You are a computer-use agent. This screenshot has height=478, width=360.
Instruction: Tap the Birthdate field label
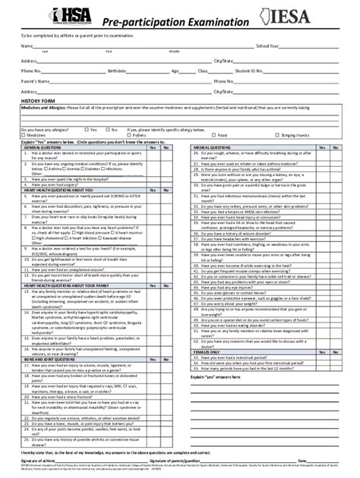coord(116,70)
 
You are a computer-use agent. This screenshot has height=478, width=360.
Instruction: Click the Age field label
coord(175,70)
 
